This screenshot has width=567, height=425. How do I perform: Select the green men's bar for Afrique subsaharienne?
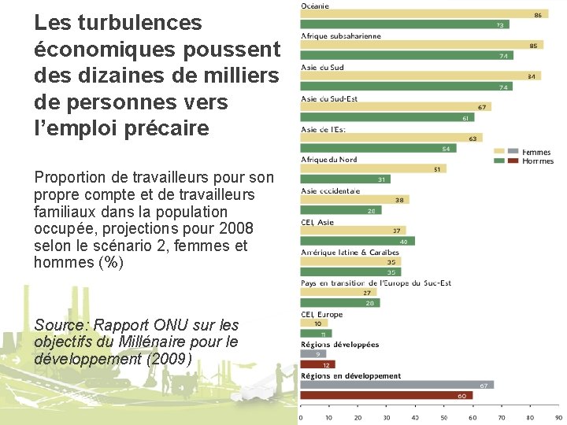(406, 55)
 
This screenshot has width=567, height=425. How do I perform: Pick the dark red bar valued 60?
(386, 395)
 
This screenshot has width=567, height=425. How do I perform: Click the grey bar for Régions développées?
(312, 354)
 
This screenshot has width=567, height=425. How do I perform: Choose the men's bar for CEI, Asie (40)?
(357, 241)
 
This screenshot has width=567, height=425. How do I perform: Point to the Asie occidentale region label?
(331, 190)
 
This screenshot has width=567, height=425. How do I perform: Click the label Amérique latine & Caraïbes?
(350, 252)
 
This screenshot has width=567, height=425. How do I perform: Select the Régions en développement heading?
(350, 375)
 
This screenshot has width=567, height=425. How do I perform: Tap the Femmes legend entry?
(537, 152)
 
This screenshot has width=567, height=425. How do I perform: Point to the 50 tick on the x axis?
(444, 417)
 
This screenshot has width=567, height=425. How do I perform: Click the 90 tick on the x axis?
(558, 417)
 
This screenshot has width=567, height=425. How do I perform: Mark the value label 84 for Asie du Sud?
(534, 76)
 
